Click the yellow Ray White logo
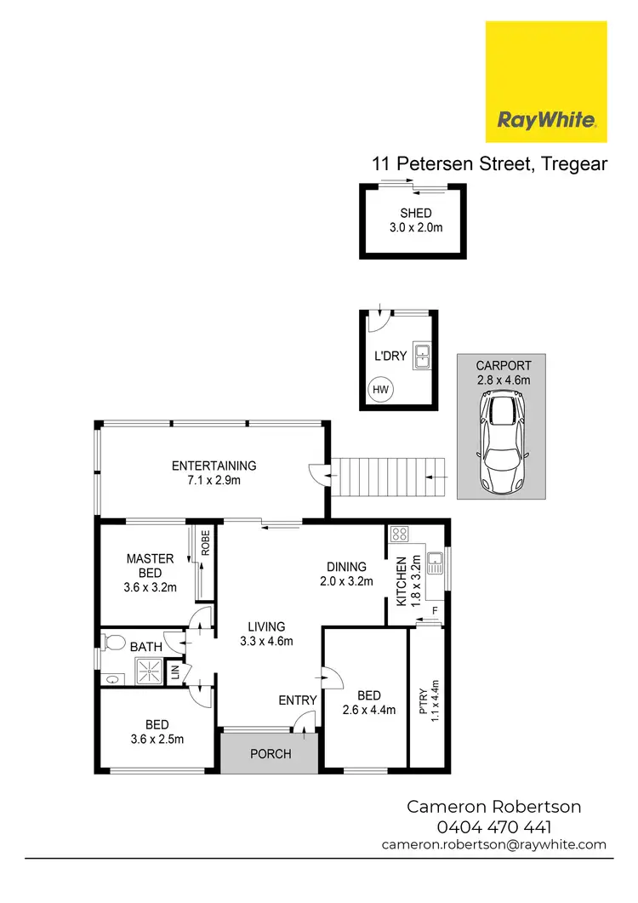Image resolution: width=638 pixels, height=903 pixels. pyautogui.click(x=545, y=82)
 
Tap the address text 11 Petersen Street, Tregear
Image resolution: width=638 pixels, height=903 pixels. pyautogui.click(x=489, y=163)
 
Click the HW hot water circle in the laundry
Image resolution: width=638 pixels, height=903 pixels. pyautogui.click(x=380, y=390)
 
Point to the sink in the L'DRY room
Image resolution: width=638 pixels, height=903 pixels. pyautogui.click(x=422, y=357)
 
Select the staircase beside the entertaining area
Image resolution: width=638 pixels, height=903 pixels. pyautogui.click(x=388, y=477)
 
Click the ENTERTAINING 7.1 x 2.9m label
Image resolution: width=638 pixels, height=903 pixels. pyautogui.click(x=214, y=473)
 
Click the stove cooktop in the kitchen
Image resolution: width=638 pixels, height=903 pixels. pyautogui.click(x=399, y=535)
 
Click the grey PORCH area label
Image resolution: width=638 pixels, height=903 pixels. pyautogui.click(x=270, y=753)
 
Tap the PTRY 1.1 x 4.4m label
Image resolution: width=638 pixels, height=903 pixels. pyautogui.click(x=428, y=698)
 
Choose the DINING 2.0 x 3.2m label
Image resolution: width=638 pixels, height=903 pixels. pyautogui.click(x=346, y=574)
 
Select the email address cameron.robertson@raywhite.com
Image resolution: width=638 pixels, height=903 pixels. pyautogui.click(x=494, y=844)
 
